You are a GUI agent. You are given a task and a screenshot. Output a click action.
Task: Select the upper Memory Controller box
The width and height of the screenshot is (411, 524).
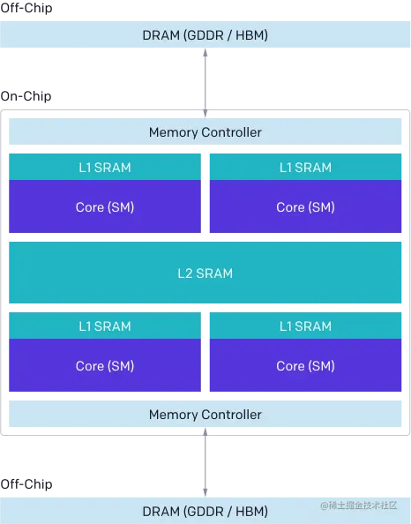(x=205, y=132)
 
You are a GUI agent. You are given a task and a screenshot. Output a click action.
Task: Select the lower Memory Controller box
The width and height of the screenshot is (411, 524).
(x=205, y=415)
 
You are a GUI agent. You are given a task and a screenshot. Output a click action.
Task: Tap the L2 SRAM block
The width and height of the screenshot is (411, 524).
(x=205, y=273)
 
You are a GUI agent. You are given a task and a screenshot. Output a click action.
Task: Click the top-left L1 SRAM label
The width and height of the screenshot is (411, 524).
(x=105, y=168)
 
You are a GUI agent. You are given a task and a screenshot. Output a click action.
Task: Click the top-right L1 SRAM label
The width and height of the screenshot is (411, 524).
(x=305, y=168)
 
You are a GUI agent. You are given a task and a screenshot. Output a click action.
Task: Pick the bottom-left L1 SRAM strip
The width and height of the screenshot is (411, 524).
(x=105, y=326)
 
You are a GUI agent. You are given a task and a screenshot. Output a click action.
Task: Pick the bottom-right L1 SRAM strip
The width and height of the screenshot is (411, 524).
(x=305, y=326)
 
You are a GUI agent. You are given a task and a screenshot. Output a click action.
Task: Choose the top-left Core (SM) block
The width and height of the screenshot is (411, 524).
(x=105, y=207)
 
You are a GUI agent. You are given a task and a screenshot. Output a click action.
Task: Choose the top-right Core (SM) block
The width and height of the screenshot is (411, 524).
(x=305, y=207)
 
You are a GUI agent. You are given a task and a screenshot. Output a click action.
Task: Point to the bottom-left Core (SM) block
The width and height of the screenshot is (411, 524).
(x=105, y=366)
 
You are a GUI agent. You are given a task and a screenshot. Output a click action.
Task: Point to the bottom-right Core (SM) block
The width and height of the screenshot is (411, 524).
(x=305, y=366)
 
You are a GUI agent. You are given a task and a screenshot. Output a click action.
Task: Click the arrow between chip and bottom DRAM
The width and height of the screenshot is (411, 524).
(x=206, y=463)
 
